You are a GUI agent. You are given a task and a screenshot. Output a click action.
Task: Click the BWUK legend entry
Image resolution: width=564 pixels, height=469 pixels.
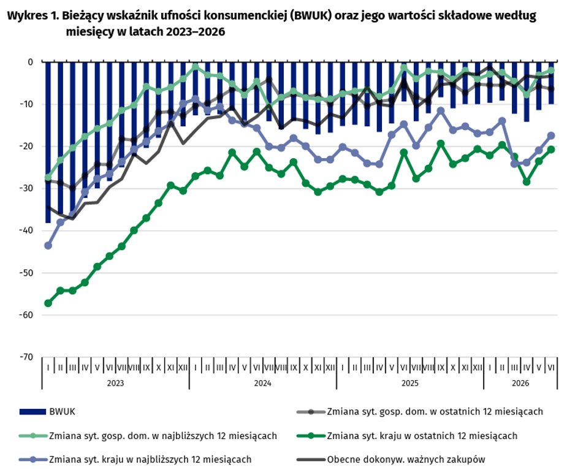click(x=47, y=411)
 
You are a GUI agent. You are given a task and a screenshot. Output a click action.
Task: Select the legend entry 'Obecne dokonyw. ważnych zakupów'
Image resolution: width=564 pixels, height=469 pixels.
click(x=391, y=459)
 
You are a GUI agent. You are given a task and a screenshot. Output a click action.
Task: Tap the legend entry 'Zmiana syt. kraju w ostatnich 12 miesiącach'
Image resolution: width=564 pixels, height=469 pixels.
click(x=407, y=435)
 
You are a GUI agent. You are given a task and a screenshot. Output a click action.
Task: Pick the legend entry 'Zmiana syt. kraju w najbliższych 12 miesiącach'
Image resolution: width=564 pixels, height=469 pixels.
click(x=135, y=459)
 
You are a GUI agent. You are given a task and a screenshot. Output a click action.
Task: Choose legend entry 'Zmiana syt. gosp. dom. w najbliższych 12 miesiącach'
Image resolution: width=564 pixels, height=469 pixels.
click(x=148, y=435)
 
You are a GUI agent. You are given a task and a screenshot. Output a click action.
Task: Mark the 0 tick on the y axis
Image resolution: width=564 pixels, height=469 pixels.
click(x=30, y=62)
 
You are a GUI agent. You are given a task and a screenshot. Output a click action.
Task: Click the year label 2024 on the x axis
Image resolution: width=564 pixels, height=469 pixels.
click(x=262, y=383)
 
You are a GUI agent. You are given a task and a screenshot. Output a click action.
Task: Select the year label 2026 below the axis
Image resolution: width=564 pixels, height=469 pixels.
click(x=520, y=383)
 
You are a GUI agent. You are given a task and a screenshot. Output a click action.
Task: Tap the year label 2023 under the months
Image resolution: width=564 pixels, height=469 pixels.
click(x=115, y=383)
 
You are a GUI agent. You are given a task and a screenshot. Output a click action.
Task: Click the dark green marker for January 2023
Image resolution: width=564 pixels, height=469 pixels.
click(x=48, y=303)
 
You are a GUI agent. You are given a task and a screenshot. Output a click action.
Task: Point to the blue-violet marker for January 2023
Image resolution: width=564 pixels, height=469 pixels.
click(x=48, y=246)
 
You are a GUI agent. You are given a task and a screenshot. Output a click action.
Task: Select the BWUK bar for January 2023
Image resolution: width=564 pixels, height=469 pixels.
click(x=48, y=142)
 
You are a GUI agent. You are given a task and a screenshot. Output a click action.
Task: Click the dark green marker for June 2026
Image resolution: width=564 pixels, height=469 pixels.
click(x=551, y=150)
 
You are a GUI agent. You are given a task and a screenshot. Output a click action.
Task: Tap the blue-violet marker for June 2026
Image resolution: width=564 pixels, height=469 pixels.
click(x=551, y=135)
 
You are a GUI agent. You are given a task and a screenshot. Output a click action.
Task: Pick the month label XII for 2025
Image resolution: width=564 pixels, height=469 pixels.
click(x=478, y=367)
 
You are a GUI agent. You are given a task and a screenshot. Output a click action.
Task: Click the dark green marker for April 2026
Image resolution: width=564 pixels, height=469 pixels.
click(x=526, y=182)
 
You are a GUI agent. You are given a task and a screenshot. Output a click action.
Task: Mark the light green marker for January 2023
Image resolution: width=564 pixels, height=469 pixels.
click(x=48, y=177)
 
